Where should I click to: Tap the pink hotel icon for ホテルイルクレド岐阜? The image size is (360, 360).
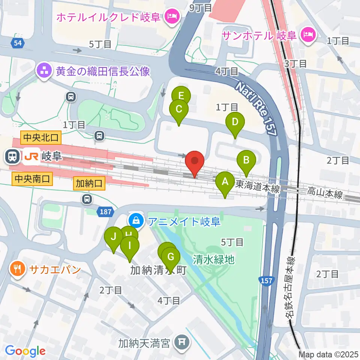click(172, 16)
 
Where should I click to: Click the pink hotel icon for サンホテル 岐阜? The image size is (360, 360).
click(309, 35)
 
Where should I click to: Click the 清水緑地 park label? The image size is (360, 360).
click(214, 259)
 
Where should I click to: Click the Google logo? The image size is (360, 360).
click(25, 351)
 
